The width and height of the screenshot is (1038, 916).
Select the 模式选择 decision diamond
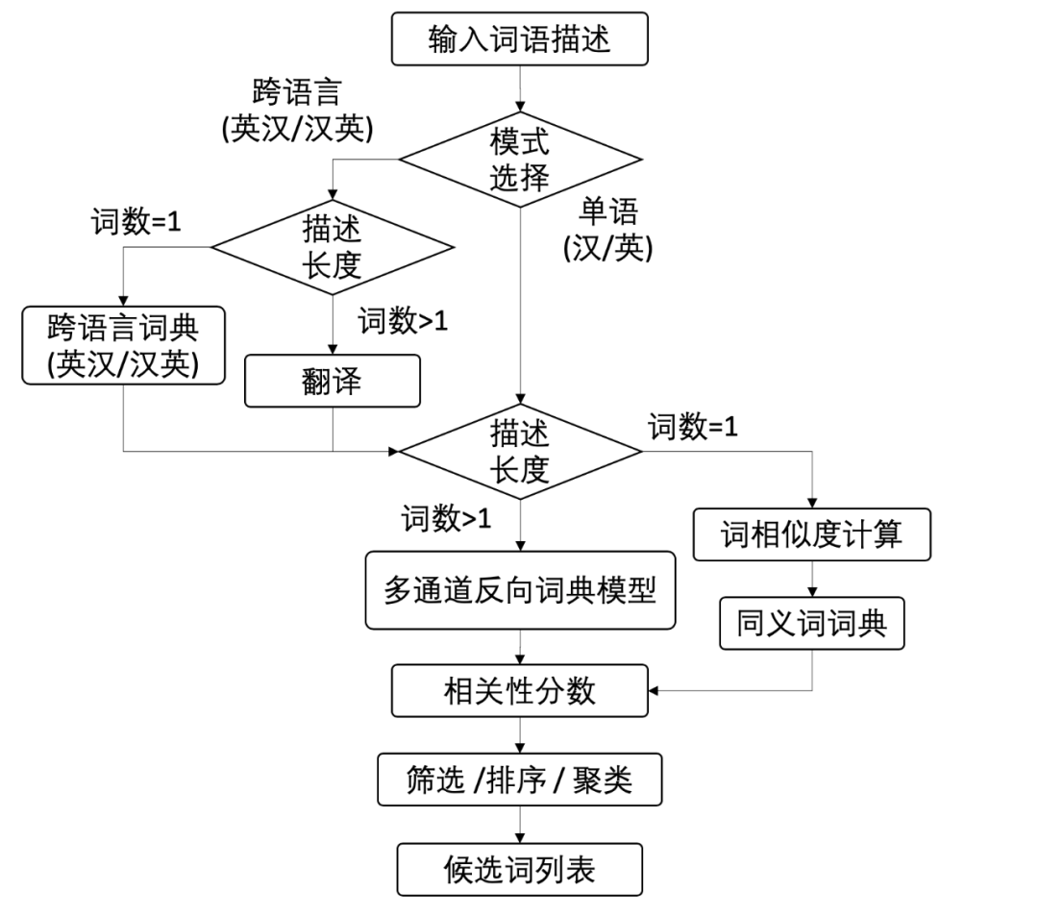[x=519, y=160]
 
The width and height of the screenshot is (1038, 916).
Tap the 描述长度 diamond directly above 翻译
[x=332, y=247]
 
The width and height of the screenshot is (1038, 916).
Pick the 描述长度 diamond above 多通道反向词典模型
[x=519, y=451]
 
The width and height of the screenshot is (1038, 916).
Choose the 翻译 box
[x=333, y=381]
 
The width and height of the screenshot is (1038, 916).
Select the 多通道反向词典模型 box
[x=519, y=590]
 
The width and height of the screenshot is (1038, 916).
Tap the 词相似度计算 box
[x=812, y=534]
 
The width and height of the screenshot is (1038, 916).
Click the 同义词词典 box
[x=812, y=624]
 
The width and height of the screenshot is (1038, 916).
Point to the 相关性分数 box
[x=519, y=690]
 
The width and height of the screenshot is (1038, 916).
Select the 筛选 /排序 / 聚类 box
[x=519, y=779]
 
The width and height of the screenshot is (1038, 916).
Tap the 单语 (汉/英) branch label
[x=607, y=230]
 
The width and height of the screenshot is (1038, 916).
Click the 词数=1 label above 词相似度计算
[x=693, y=426]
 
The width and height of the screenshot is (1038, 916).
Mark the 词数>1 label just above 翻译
[x=404, y=321]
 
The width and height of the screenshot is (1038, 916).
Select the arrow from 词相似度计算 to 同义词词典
[x=812, y=580]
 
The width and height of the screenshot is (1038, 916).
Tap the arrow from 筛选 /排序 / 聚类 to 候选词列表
[x=519, y=824]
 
